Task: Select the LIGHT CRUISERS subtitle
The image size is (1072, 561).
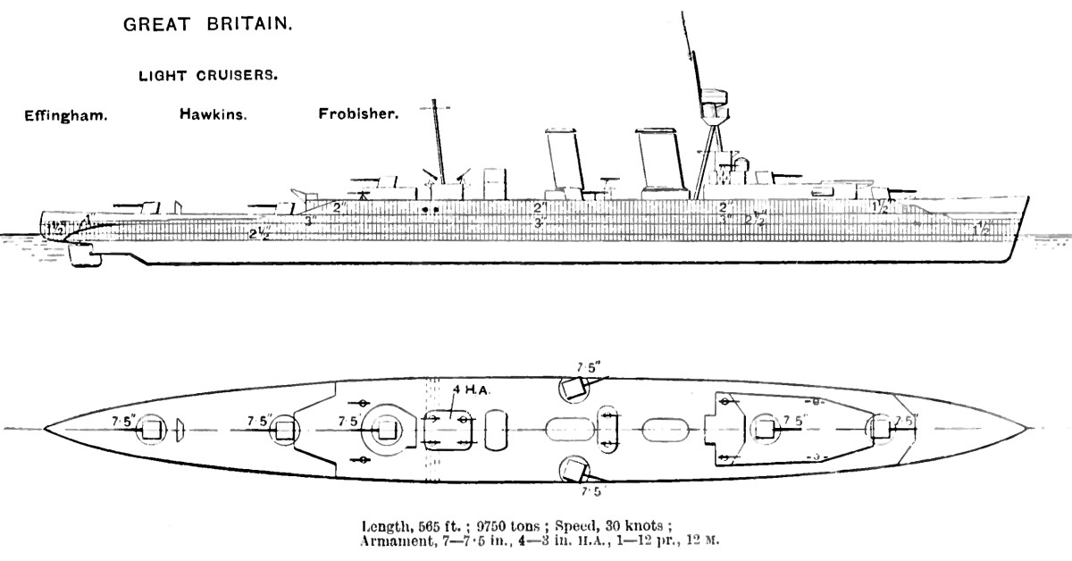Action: point(207,76)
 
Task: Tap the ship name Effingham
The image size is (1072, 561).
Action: point(66,115)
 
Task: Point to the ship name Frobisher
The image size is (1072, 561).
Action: point(358,115)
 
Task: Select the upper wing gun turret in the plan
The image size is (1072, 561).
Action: point(573,389)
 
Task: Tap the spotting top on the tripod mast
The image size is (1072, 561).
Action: point(712,103)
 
